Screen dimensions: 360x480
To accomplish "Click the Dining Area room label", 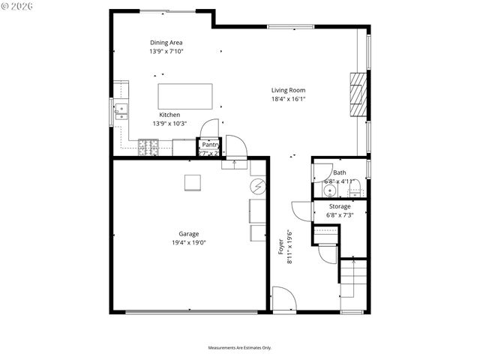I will [166, 43].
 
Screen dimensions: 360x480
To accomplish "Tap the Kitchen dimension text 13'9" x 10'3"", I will [169, 124].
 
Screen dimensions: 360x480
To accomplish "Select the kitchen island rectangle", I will [184, 97].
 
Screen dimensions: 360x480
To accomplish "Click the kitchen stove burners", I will [147, 149].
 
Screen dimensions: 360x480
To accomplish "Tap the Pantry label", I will [209, 145].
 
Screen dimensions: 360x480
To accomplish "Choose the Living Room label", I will [288, 90].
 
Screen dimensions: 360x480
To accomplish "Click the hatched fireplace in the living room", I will [360, 94].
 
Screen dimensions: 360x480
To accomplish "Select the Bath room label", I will [340, 172].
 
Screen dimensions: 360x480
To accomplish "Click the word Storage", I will [339, 206].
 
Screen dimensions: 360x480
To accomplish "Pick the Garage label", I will [188, 234].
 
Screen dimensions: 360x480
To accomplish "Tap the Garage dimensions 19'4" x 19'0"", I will [188, 242].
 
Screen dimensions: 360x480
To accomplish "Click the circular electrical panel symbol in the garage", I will [257, 185].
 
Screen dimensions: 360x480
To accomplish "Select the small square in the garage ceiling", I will [193, 182].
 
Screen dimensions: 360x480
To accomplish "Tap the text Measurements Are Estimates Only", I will [239, 348].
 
